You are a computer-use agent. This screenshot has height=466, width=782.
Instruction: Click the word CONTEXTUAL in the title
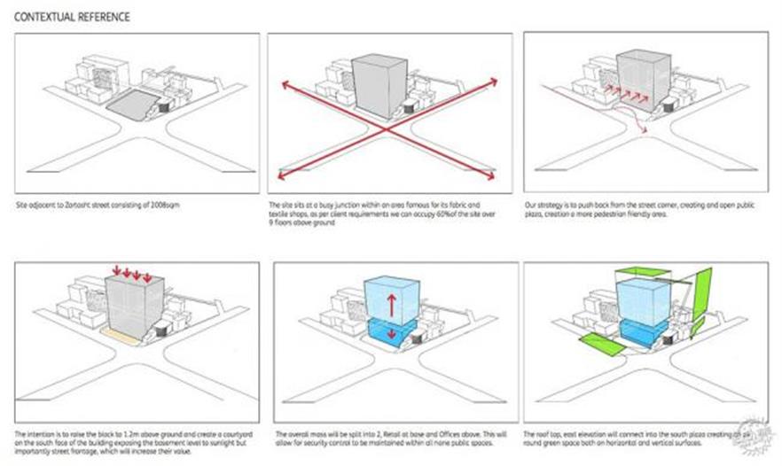point(44,17)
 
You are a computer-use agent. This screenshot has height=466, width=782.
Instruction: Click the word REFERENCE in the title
point(104,17)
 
